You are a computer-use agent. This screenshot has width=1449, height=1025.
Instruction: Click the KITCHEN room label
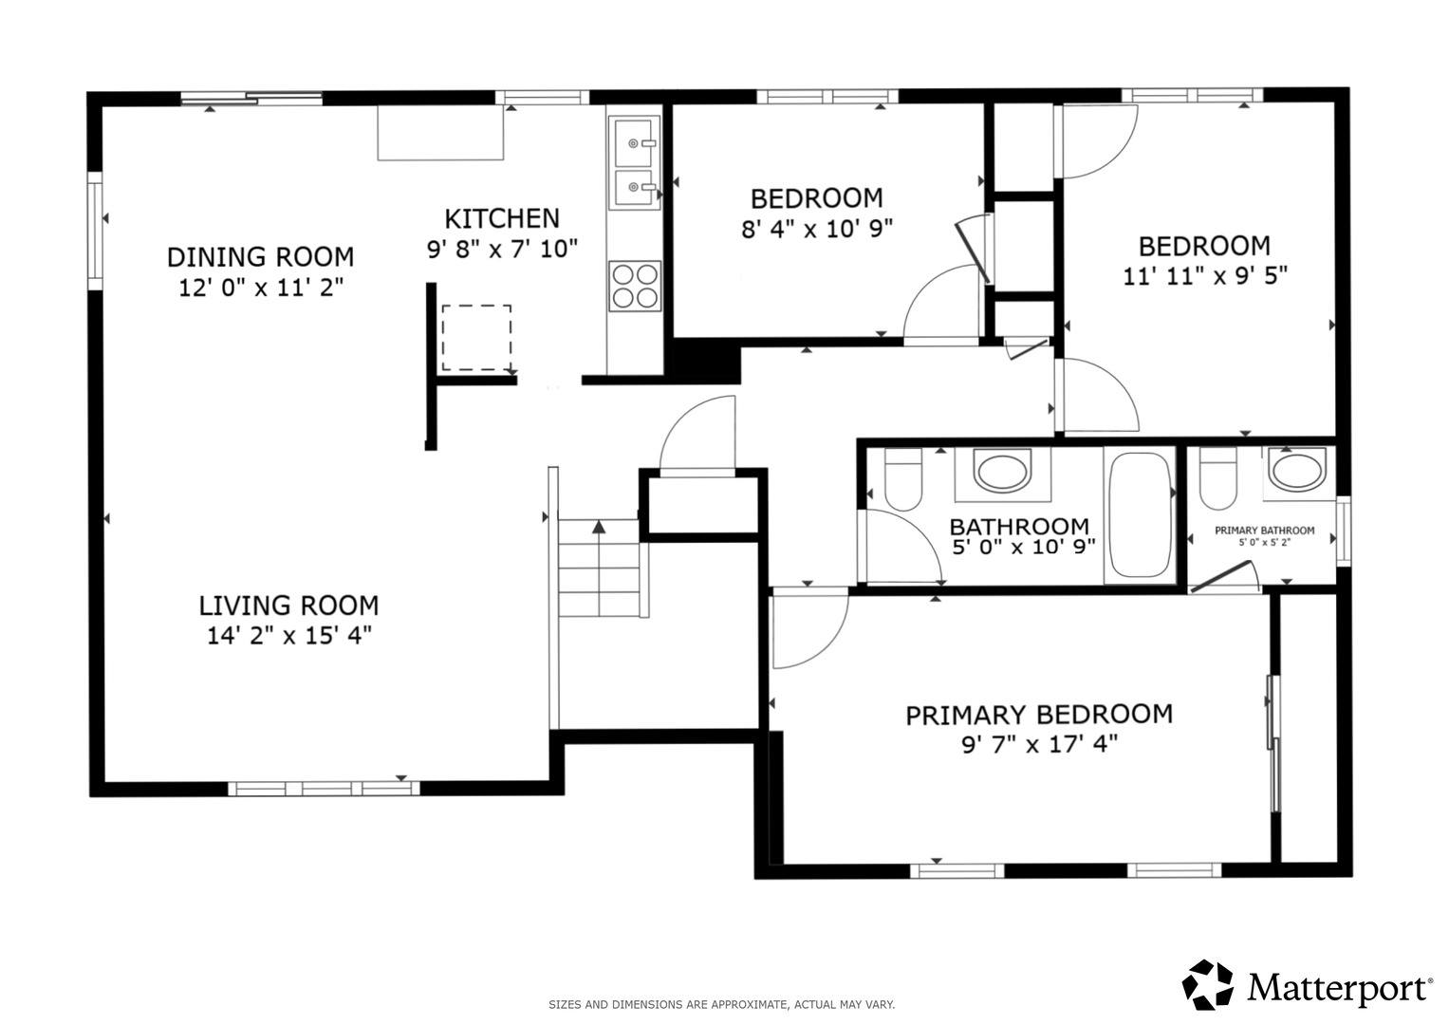click(x=502, y=218)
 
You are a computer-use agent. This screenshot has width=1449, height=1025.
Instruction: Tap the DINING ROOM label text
click(x=261, y=257)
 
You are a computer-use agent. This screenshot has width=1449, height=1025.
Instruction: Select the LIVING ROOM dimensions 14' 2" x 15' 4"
click(x=289, y=636)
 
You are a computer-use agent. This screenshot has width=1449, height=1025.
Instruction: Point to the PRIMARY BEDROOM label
click(x=1039, y=715)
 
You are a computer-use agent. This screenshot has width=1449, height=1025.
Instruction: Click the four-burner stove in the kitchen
click(x=635, y=286)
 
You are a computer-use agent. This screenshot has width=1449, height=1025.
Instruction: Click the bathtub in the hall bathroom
click(x=1140, y=515)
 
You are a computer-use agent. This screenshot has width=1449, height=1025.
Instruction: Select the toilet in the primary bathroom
click(x=1218, y=478)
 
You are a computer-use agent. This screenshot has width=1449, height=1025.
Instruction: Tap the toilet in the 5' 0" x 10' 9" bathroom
click(x=903, y=479)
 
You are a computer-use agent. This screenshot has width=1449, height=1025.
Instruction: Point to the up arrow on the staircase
click(x=599, y=527)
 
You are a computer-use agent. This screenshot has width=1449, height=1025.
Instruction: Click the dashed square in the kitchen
click(x=476, y=338)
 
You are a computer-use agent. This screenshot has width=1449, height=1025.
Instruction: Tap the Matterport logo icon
click(x=1207, y=984)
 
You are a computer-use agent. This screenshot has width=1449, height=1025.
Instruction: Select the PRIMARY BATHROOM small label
click(x=1265, y=531)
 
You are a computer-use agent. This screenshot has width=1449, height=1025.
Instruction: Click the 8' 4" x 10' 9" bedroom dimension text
click(x=817, y=229)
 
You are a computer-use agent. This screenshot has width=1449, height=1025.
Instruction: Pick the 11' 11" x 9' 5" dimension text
click(x=1205, y=276)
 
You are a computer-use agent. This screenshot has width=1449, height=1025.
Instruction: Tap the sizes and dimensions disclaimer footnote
click(x=722, y=1004)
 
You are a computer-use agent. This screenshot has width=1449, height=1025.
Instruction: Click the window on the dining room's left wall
click(x=95, y=231)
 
